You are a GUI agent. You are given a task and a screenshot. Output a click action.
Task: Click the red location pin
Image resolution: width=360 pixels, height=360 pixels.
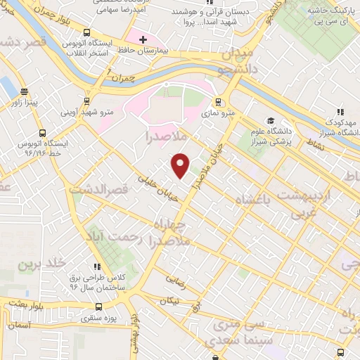pos(181,165)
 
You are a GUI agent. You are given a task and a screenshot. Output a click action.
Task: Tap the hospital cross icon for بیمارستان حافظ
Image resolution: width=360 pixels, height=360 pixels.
pos(143,39)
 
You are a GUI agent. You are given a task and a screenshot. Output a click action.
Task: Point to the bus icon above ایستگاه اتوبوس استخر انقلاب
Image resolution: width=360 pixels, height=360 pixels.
pos(86,32)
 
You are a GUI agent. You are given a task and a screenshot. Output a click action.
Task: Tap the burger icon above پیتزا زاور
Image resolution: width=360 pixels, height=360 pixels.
pos(25,91)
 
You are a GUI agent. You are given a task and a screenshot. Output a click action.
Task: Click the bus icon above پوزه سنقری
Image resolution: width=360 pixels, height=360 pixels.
pos(98,307)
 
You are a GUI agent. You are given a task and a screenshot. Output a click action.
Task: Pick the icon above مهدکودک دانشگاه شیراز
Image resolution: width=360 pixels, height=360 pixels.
pos(341,111)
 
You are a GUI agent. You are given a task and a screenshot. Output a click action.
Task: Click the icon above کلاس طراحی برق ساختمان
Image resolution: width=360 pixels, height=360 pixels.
pos(96,266)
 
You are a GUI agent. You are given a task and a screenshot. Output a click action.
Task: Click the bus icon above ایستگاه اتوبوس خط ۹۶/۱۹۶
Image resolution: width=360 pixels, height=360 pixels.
pos(43,133)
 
